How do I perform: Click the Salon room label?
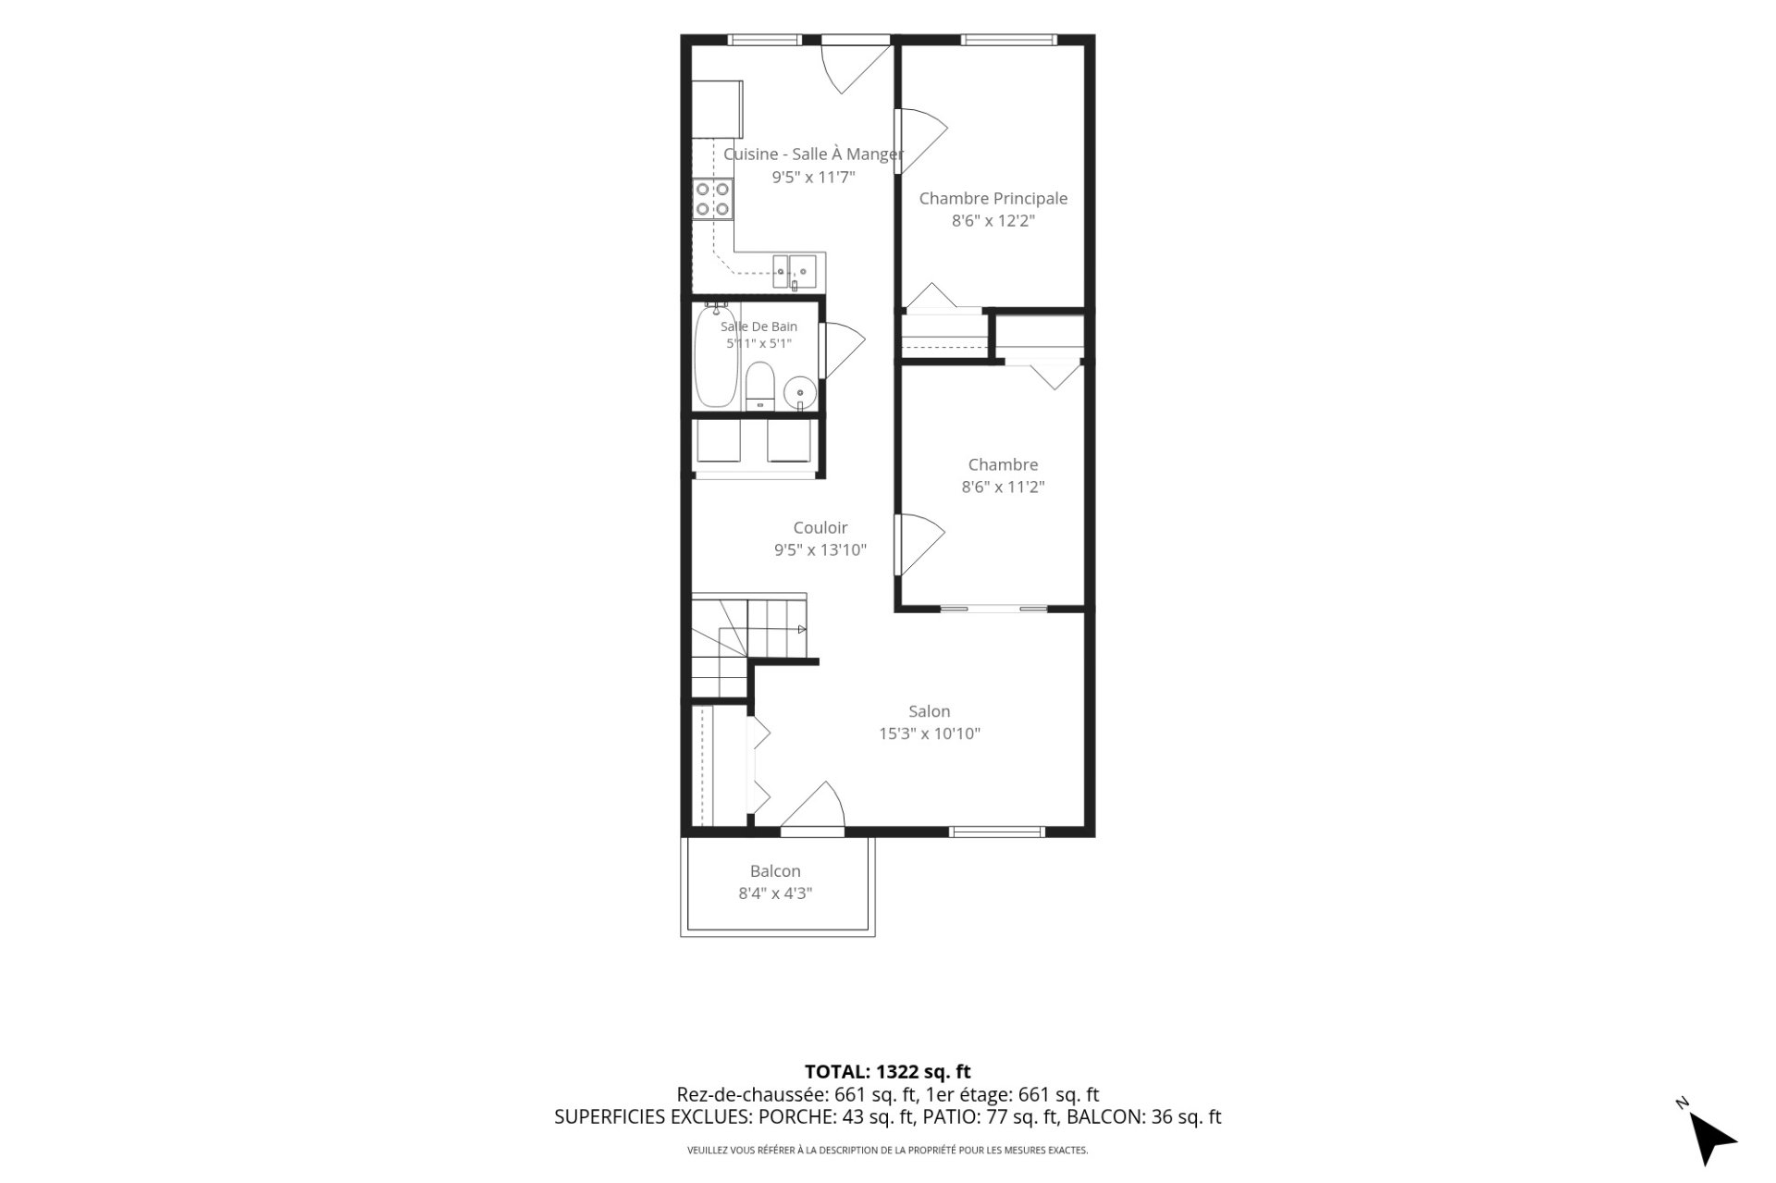[929, 711]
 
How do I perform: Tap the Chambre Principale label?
[993, 198]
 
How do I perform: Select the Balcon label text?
[775, 871]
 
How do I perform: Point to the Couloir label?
[820, 528]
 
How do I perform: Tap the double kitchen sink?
[795, 271]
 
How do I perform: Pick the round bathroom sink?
[799, 393]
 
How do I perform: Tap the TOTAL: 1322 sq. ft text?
[887, 1072]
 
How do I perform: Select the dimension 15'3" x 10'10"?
[929, 733]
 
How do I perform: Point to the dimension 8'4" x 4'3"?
[775, 893]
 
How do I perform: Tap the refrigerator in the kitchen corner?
[718, 108]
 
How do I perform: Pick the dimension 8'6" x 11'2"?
[1003, 487]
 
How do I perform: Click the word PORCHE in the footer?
[797, 1117]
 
